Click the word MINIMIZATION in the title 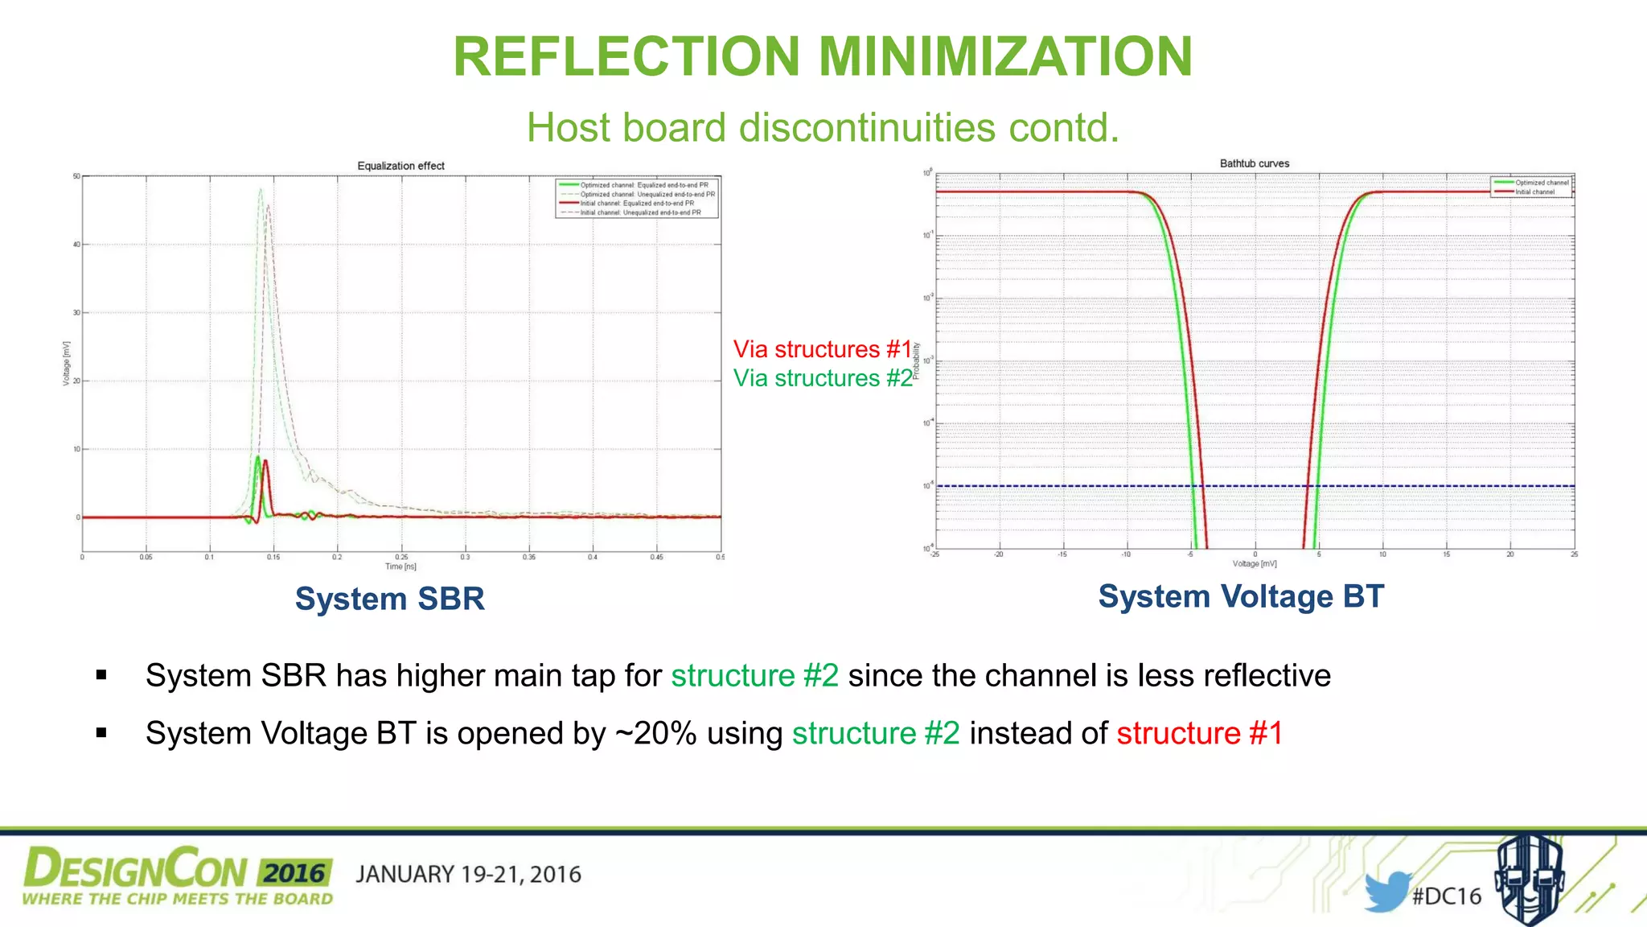(x=1004, y=56)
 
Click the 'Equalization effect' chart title (x=400, y=166)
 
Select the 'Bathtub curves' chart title (x=1254, y=163)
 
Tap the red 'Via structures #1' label (x=822, y=349)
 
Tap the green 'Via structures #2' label (x=822, y=378)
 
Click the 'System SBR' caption (x=389, y=599)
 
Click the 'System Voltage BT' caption (x=1240, y=596)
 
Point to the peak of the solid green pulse (x=257, y=457)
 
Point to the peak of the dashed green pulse (x=260, y=189)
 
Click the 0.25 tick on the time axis (x=401, y=557)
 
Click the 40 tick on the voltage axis (x=76, y=245)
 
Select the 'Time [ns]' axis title (x=400, y=566)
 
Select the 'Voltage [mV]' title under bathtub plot (x=1254, y=564)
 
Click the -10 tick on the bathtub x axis (x=1126, y=554)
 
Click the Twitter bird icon (x=1386, y=891)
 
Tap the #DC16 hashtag (x=1447, y=896)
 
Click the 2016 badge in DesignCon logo (x=294, y=873)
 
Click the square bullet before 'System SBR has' (x=101, y=675)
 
